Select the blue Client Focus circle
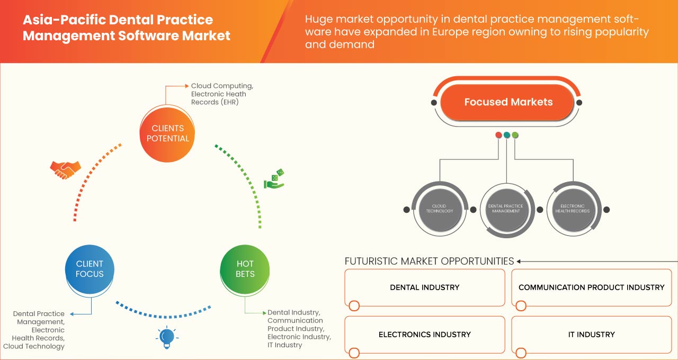click(90, 269)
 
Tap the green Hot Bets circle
click(245, 269)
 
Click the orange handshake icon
click(65, 169)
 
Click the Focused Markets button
click(508, 102)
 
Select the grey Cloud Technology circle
click(439, 209)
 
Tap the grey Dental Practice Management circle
click(505, 209)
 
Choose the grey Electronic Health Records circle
click(572, 209)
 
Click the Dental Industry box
click(424, 287)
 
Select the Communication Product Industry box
click(591, 287)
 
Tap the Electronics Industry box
click(424, 335)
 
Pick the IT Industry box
click(591, 335)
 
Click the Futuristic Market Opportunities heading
click(429, 261)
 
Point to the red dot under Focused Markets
click(498, 135)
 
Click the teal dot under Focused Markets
click(507, 135)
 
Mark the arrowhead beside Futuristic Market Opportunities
click(519, 261)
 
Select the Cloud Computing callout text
click(222, 86)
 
